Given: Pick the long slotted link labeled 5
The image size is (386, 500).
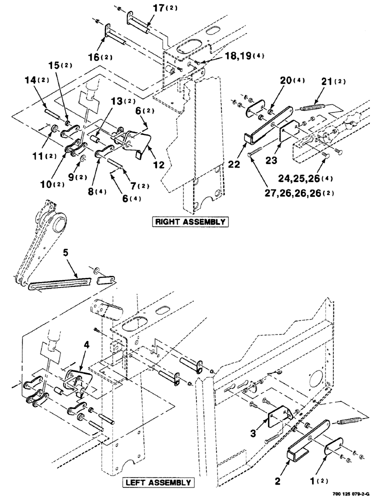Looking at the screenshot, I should pyautogui.click(x=59, y=284).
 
